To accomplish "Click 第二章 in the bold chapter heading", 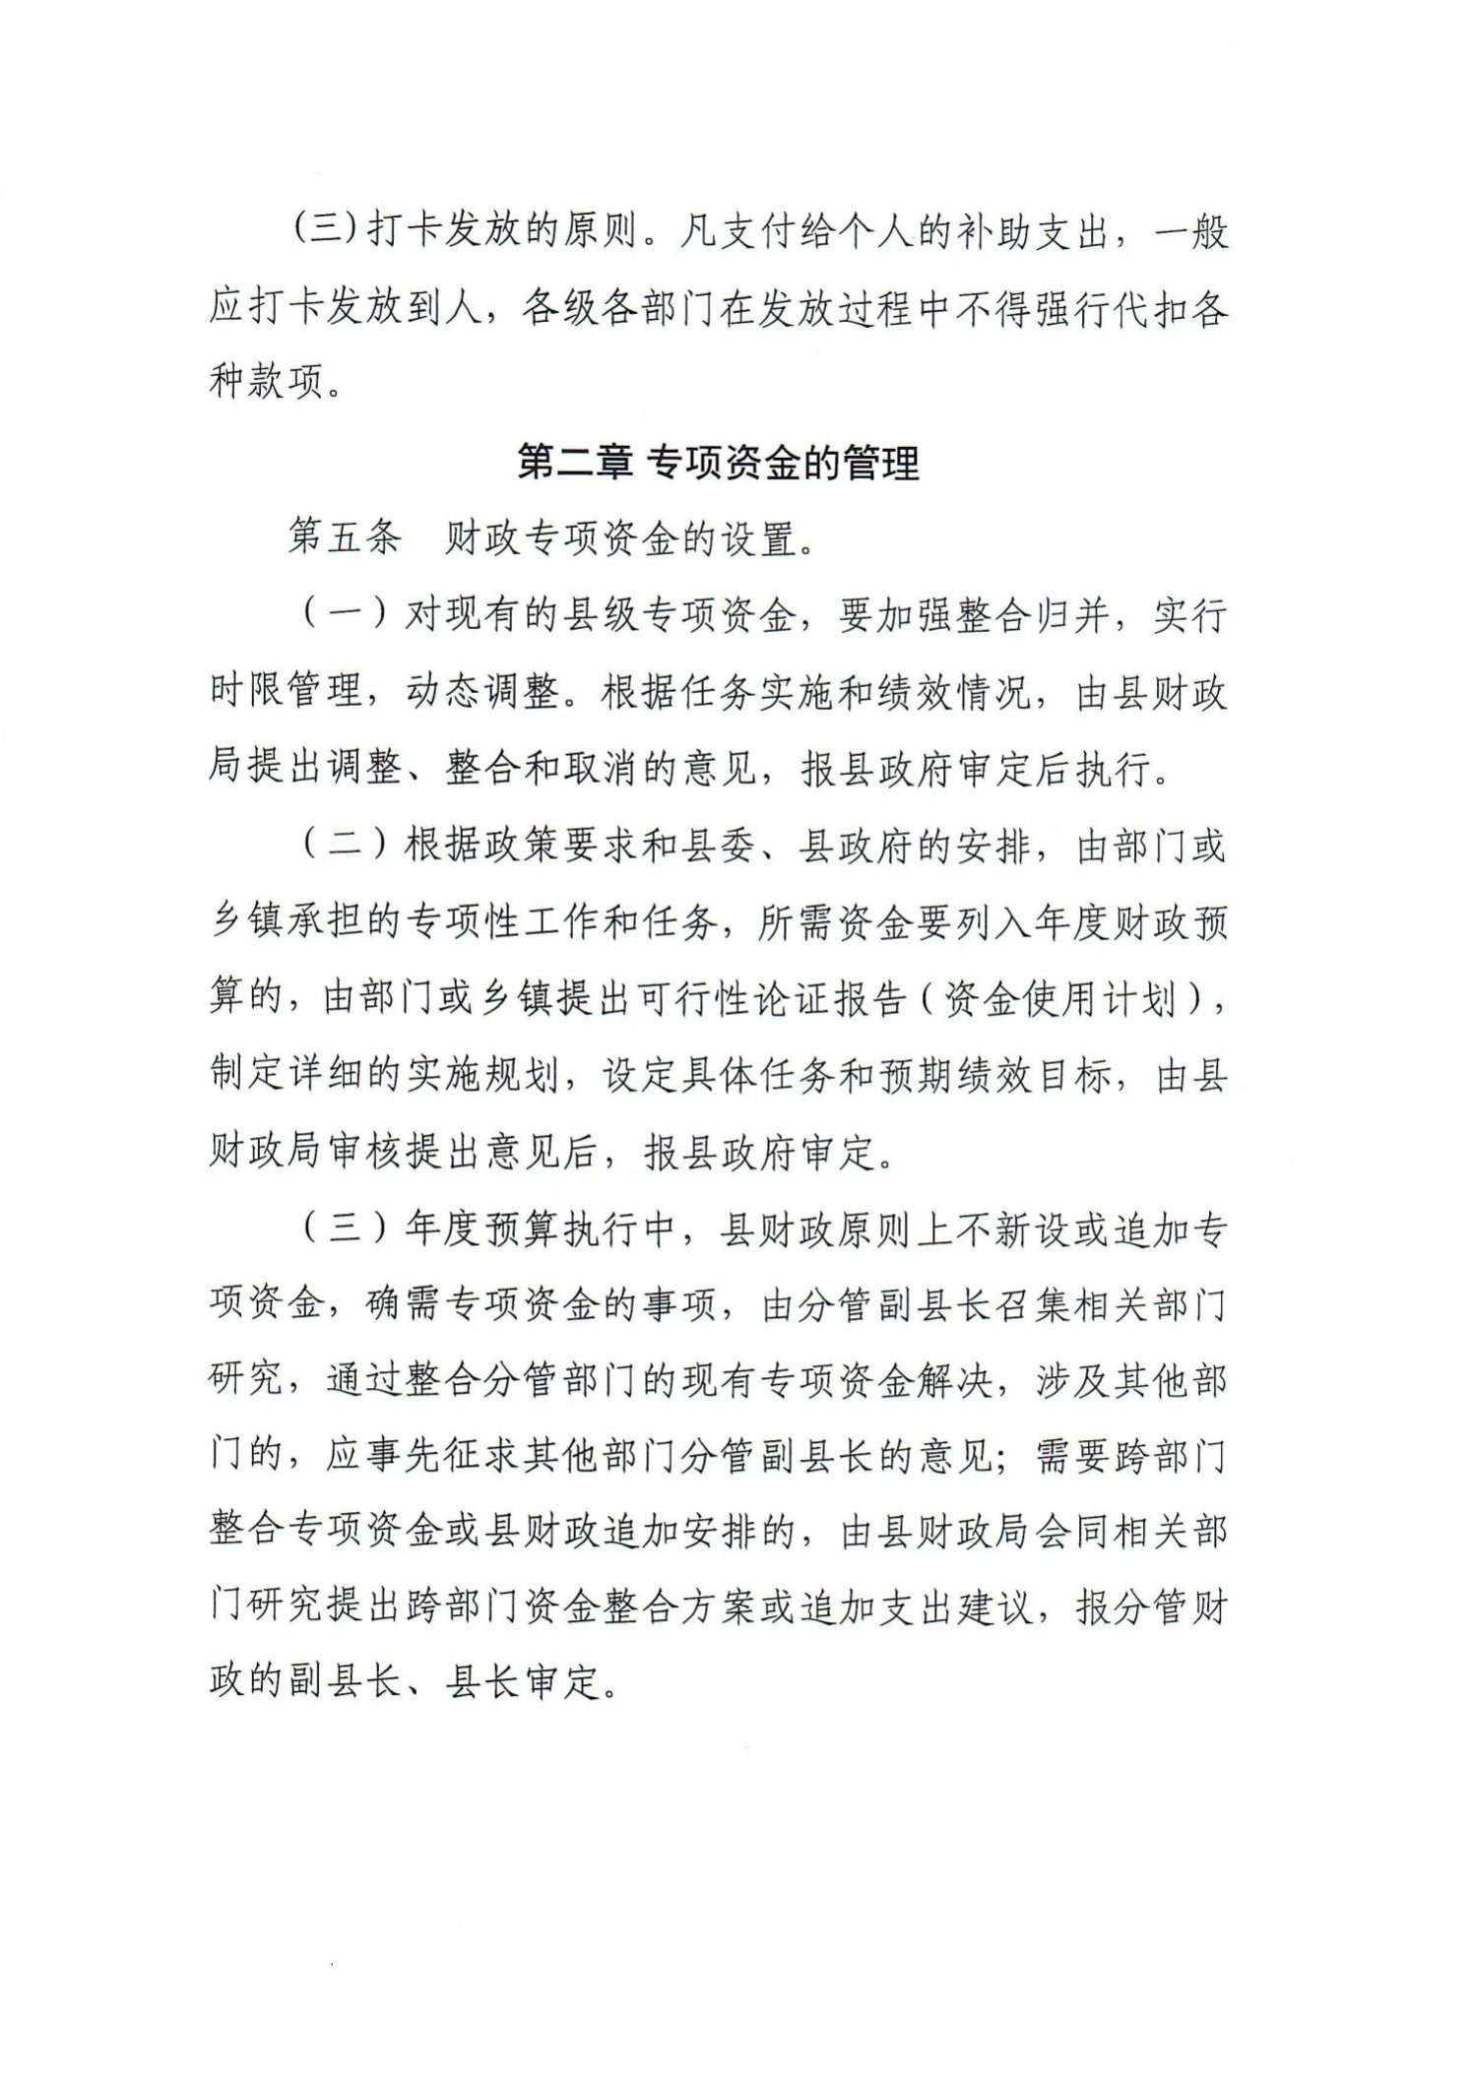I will click(575, 462).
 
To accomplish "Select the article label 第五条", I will click(345, 538).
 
